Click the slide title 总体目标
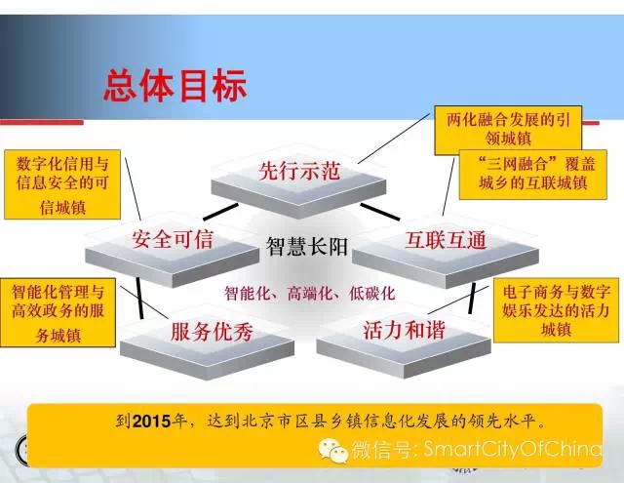click(x=175, y=85)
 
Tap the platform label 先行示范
click(x=299, y=171)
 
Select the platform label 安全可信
click(x=173, y=239)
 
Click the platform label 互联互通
click(x=446, y=240)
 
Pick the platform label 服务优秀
click(x=212, y=332)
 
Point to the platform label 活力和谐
click(x=404, y=330)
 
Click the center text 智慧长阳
click(x=307, y=247)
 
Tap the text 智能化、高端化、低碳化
click(x=310, y=294)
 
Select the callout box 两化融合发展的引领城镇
click(x=508, y=130)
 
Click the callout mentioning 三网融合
click(x=533, y=175)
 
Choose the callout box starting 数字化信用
click(x=62, y=184)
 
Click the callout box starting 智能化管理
click(x=58, y=312)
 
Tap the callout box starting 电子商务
click(x=556, y=310)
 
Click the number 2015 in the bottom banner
click(x=152, y=422)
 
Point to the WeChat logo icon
click(x=332, y=451)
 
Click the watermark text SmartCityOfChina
click(x=513, y=449)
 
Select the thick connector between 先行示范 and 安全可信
click(x=221, y=212)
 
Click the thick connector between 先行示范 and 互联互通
click(x=380, y=212)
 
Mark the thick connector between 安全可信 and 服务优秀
click(x=139, y=298)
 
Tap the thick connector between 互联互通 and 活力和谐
click(x=472, y=298)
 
